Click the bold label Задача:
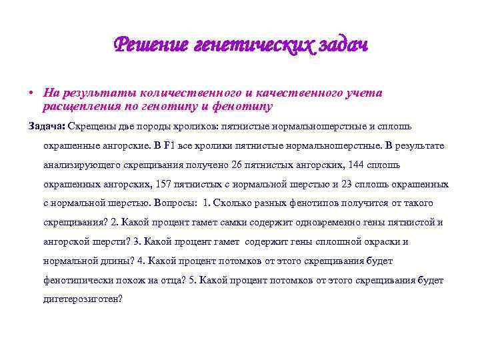[x=46, y=126]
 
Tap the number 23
[x=348, y=184]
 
